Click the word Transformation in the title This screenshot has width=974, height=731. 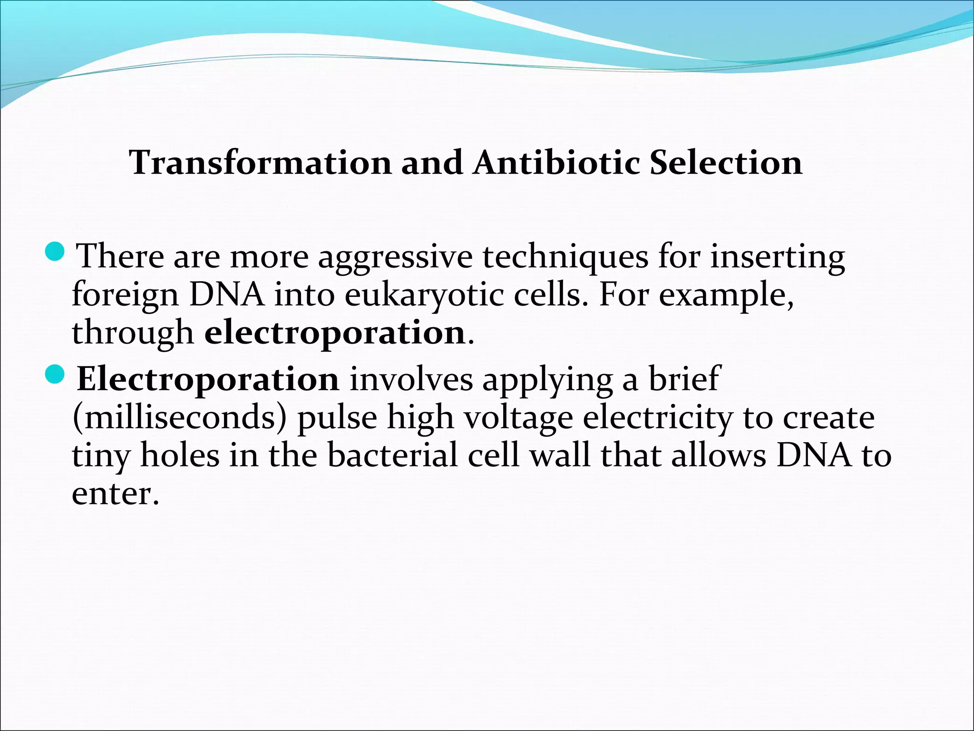[260, 163]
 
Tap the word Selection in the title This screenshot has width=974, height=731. [726, 163]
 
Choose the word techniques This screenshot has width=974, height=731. [565, 258]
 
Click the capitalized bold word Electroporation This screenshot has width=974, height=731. [208, 379]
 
